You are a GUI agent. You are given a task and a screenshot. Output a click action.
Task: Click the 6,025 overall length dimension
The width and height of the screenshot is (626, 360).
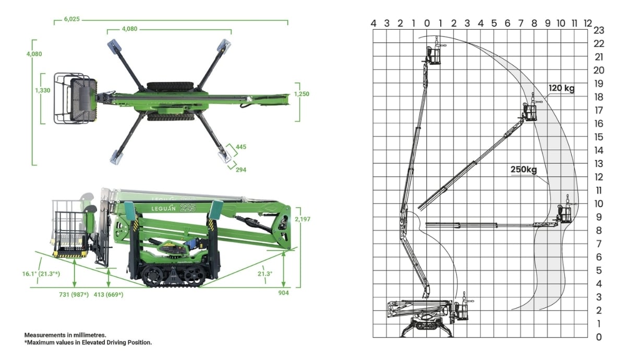point(72,19)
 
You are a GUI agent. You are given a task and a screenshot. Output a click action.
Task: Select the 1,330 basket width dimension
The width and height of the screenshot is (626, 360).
point(43,90)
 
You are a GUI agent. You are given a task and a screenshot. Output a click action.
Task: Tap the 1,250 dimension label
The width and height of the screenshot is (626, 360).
point(302,94)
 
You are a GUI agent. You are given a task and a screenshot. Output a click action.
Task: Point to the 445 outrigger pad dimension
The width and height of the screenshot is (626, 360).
point(240,147)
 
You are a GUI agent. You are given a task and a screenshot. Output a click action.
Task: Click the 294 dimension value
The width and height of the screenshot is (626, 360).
point(240,170)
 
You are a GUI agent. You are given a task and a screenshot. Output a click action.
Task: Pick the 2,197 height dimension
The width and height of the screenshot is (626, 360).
point(302,219)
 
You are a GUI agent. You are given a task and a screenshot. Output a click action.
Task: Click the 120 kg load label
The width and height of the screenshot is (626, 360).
point(561,88)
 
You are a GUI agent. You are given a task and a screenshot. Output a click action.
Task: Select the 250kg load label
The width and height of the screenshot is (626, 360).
point(524,169)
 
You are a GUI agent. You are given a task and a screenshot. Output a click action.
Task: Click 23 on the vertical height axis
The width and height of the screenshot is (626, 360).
point(598,30)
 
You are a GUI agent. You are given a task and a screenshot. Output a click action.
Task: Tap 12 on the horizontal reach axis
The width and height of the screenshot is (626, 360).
point(588,23)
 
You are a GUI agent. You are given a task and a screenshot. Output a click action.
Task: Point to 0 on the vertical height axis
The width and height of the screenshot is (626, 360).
point(598,337)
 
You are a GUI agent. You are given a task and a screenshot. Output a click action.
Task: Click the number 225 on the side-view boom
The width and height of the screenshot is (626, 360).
point(187,208)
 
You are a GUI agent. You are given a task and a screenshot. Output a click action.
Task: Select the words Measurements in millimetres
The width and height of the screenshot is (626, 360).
point(65,334)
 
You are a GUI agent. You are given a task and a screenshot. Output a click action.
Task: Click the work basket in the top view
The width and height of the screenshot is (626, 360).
point(76,99)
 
